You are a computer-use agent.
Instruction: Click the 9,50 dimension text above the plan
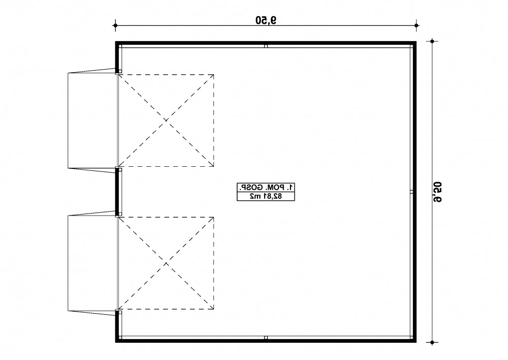(x=266, y=20)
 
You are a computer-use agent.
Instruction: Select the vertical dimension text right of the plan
(x=437, y=192)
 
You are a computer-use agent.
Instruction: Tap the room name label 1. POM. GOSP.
(x=266, y=188)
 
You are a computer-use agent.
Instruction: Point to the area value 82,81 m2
(x=266, y=196)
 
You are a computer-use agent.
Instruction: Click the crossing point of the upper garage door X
(x=166, y=121)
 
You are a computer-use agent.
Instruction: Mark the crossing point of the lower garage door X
(x=166, y=263)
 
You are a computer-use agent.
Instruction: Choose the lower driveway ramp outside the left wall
(x=92, y=262)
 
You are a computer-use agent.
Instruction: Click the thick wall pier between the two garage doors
(x=117, y=192)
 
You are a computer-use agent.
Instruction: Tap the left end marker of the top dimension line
(x=115, y=25)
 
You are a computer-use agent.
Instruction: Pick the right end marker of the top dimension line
(x=417, y=25)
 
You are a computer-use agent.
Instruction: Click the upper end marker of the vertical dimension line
(x=432, y=41)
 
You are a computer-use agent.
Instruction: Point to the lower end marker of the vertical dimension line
(x=432, y=342)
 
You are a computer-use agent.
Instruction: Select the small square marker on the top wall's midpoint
(x=266, y=46)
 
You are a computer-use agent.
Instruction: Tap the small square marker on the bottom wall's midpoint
(x=266, y=338)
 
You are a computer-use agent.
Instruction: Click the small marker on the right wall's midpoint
(x=412, y=192)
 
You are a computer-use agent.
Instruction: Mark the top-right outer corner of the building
(x=417, y=41)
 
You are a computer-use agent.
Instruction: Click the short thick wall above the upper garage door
(x=117, y=57)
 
